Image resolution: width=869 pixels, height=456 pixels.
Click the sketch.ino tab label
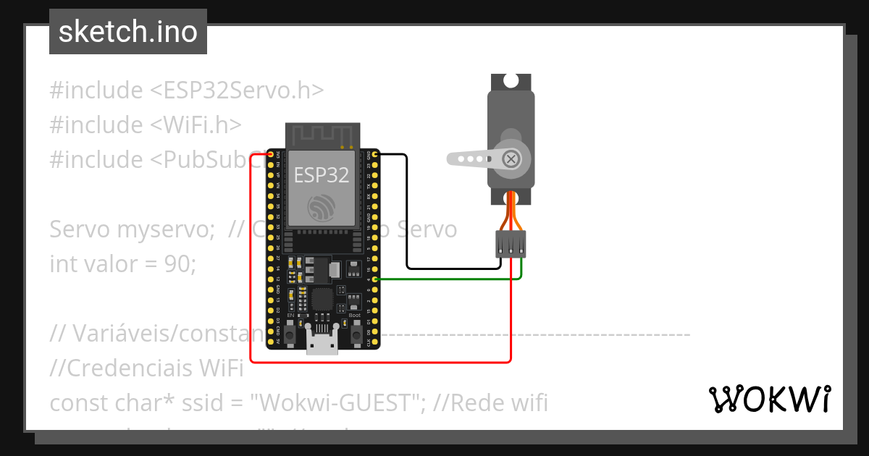click(127, 32)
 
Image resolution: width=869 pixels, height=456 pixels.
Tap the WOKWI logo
click(769, 399)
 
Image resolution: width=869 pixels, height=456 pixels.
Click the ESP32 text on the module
click(321, 174)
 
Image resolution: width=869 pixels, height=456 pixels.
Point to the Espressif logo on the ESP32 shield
click(322, 208)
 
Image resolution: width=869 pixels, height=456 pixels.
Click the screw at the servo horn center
click(512, 159)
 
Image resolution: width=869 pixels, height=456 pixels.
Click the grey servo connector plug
click(511, 243)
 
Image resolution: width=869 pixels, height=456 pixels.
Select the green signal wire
click(449, 279)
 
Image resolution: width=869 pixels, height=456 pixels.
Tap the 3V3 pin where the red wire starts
click(271, 155)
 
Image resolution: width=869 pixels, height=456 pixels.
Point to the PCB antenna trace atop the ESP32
click(322, 134)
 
